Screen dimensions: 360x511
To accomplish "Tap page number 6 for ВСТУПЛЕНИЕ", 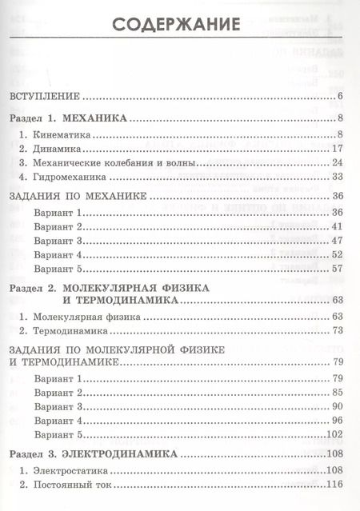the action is (340, 98).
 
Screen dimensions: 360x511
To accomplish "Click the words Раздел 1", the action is (35, 118).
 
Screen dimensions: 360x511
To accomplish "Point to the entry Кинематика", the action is (61, 134).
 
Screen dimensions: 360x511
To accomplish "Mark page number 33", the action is (338, 177).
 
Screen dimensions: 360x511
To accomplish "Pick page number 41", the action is (337, 227).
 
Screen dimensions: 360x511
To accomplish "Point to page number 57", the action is (337, 269).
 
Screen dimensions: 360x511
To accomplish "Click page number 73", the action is (337, 331).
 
